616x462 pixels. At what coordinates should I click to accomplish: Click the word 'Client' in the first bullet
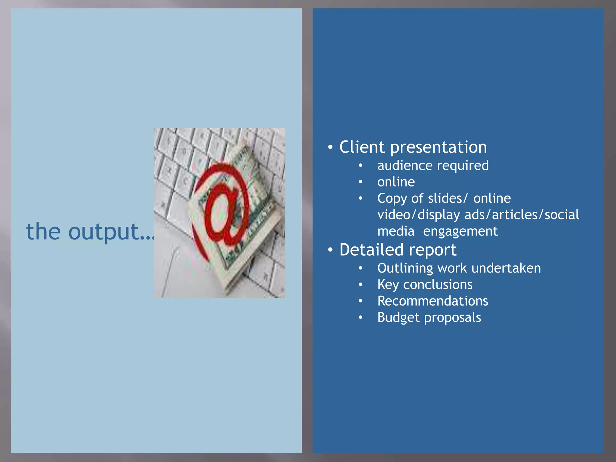(362, 147)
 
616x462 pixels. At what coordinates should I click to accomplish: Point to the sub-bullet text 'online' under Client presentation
(396, 182)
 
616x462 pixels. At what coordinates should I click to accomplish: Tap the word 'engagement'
(460, 231)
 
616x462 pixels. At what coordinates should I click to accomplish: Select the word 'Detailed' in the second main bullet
(371, 250)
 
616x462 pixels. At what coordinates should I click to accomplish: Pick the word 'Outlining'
(405, 268)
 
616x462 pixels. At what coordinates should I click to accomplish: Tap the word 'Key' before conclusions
(388, 285)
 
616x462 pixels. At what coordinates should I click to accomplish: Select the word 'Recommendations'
(433, 301)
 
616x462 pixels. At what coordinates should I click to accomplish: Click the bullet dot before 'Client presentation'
(330, 147)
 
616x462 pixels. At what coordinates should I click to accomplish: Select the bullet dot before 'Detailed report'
(330, 250)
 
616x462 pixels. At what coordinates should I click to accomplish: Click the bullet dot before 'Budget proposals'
(360, 317)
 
